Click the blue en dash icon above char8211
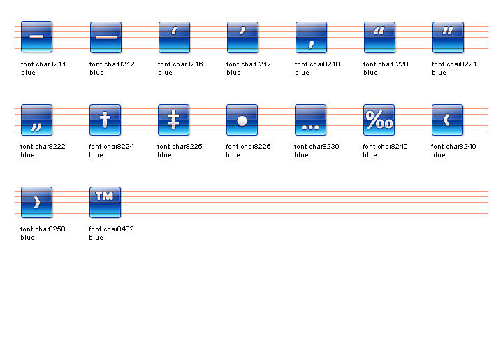pos(37,37)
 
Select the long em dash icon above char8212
pos(105,37)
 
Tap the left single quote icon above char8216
pos(174,37)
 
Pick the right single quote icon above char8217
pos(242,37)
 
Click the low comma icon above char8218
pos(311,37)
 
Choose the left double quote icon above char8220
pos(379,37)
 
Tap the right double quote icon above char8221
pos(448,37)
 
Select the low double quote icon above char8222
pos(37,120)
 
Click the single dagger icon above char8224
pos(105,120)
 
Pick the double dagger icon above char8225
pos(174,120)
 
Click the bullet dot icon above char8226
pos(242,120)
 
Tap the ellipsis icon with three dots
pos(311,120)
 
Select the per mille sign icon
pos(379,120)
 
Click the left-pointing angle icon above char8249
pos(448,120)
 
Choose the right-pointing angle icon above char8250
pos(37,202)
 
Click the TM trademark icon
pos(105,202)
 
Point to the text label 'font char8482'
pos(112,229)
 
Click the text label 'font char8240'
pos(386,147)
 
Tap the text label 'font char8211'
pos(43,64)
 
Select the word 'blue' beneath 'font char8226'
pos(233,155)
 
